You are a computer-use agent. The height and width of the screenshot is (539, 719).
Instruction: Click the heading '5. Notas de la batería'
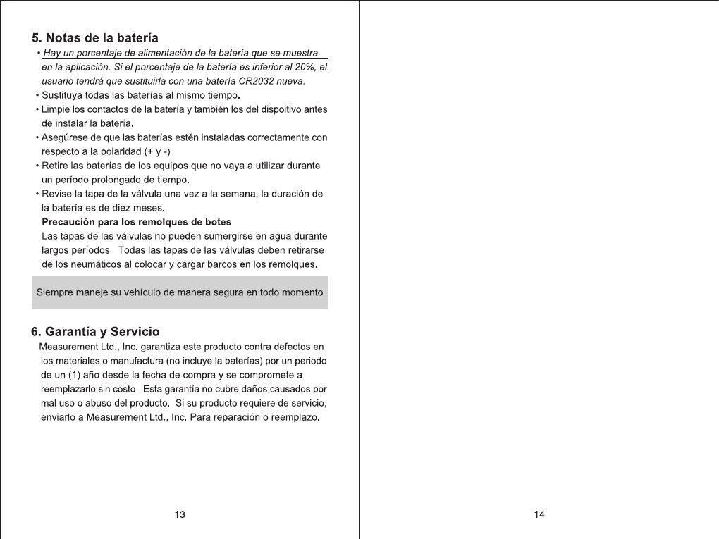[x=95, y=37]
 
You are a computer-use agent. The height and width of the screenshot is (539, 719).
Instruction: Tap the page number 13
[x=180, y=515]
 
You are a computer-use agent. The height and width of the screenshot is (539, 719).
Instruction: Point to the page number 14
[x=539, y=515]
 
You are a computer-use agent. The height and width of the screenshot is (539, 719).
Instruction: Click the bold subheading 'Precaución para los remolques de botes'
[x=137, y=222]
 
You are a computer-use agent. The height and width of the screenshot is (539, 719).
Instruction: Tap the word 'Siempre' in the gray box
[x=54, y=292]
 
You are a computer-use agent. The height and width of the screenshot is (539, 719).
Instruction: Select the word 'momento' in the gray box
[x=302, y=292]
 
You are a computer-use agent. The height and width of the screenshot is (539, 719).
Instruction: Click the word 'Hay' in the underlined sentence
[x=51, y=54]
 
